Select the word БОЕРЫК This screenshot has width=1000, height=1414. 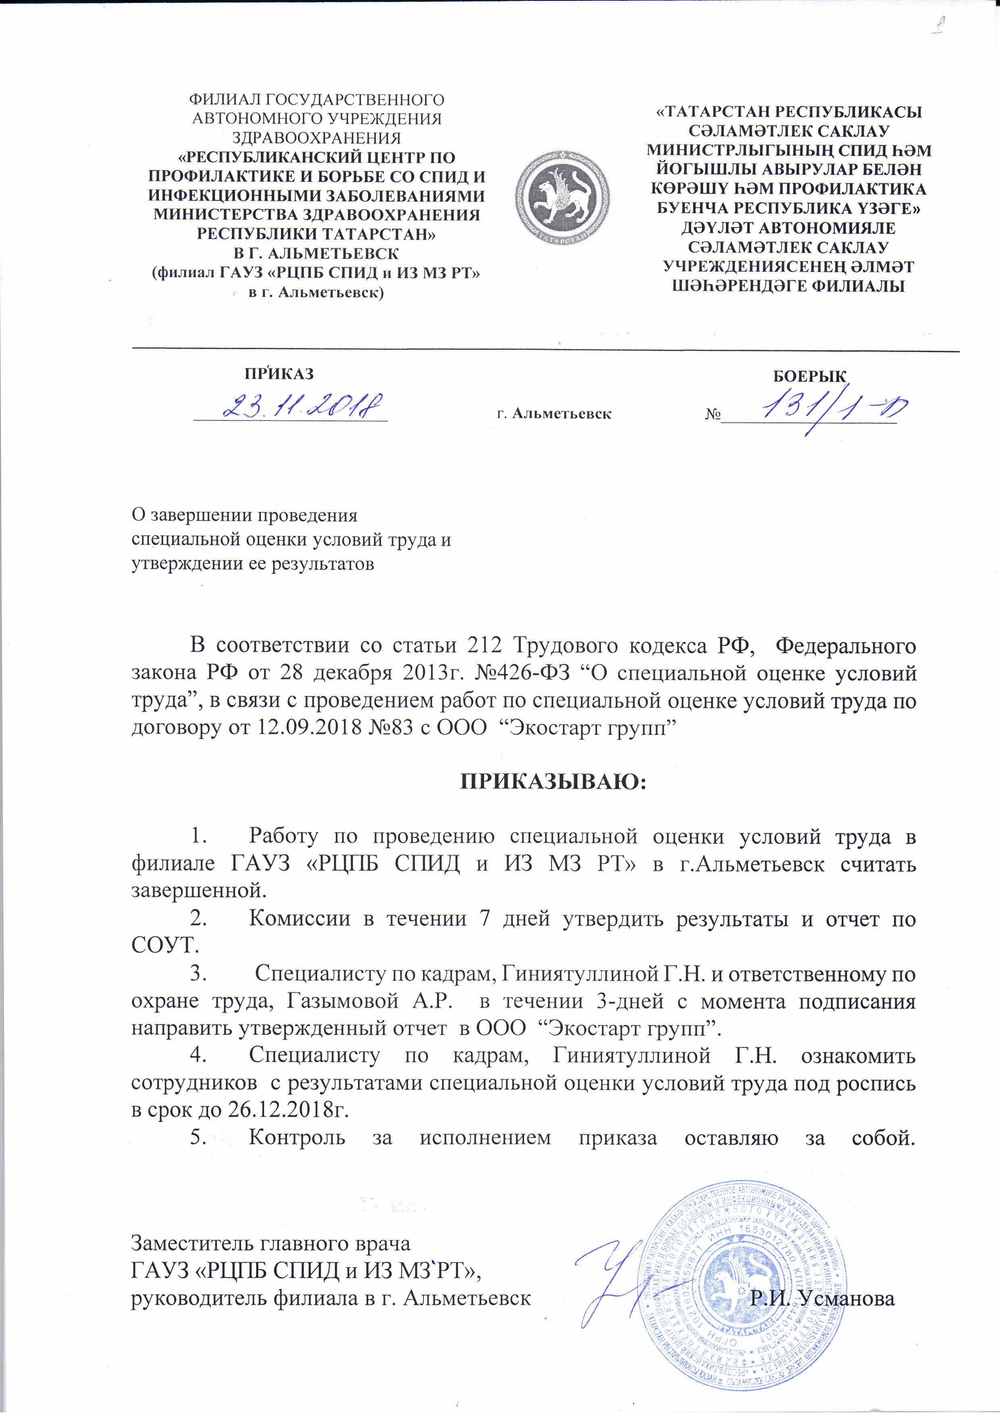click(x=810, y=377)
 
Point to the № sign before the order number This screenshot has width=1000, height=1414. click(x=713, y=414)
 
